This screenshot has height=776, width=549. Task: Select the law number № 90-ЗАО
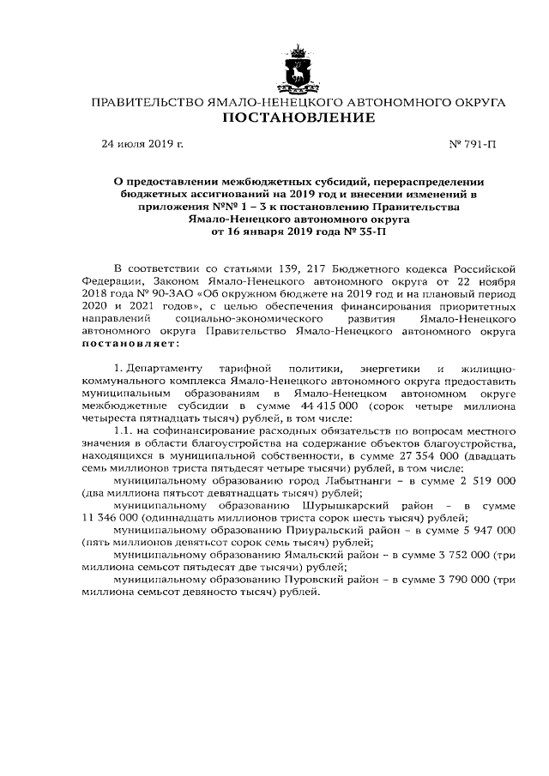coord(129,292)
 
